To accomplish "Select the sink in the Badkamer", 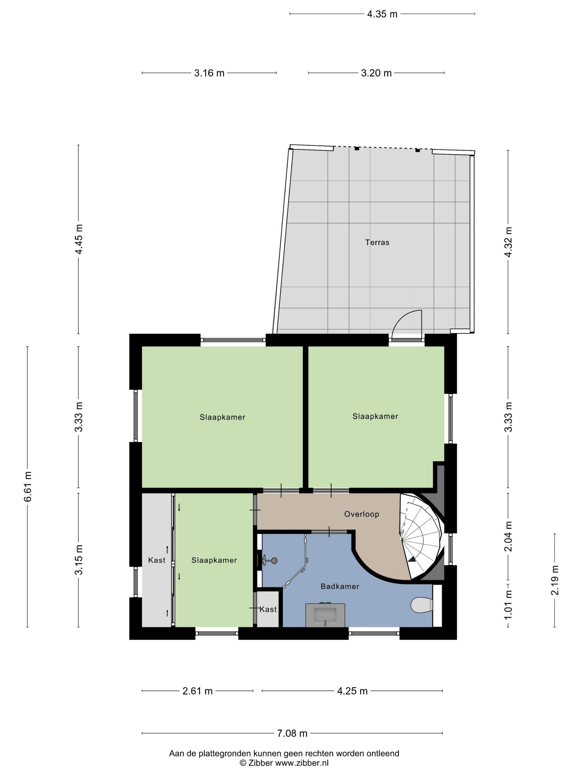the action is click(325, 615).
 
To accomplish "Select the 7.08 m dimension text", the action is click(292, 733).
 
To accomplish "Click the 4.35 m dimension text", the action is click(382, 14).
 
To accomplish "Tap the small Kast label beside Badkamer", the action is click(268, 610).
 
